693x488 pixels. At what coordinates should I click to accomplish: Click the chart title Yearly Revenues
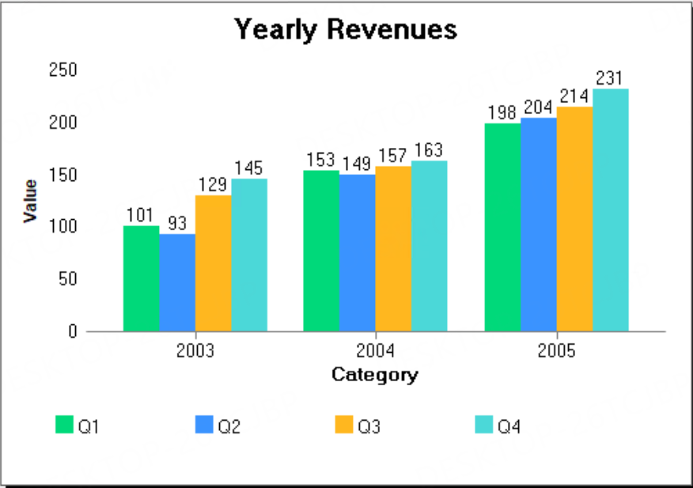[x=346, y=29]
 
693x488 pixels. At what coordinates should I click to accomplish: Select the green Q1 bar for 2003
[x=141, y=278]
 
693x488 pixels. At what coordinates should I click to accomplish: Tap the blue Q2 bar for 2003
[x=177, y=282]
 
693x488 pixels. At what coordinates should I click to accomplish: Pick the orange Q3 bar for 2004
[x=393, y=248]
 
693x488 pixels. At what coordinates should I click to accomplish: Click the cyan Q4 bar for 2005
[x=611, y=210]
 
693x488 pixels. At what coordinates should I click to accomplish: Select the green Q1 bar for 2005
[x=502, y=227]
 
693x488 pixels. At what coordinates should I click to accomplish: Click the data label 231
[x=609, y=78]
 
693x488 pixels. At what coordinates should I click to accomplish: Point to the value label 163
[x=429, y=150]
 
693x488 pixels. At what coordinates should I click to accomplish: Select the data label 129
[x=213, y=184]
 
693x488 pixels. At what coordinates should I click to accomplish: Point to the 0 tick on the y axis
[x=72, y=331]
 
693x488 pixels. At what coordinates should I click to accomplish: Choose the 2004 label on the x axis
[x=375, y=351]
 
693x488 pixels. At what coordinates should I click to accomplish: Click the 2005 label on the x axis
[x=556, y=351]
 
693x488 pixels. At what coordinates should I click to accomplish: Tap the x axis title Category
[x=375, y=374]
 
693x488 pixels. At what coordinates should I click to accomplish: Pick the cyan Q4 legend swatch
[x=483, y=425]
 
